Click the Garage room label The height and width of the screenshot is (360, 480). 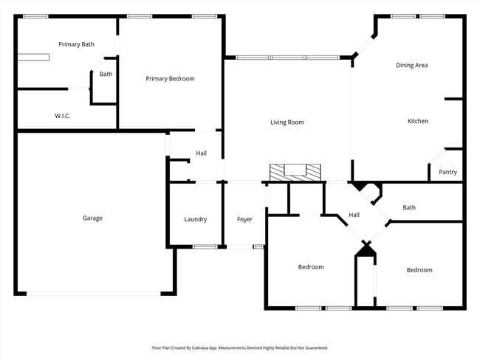point(92,218)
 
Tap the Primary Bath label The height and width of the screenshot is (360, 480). point(76,44)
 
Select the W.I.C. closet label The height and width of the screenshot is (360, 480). point(63,116)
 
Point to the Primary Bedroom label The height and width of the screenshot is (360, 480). point(170,78)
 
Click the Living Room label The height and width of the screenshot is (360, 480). point(287,122)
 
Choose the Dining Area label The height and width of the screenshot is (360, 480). point(411,65)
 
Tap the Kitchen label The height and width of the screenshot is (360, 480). point(418,121)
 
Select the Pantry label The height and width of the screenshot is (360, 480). point(448,172)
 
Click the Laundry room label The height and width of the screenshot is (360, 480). point(195,219)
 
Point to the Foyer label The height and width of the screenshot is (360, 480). point(244,219)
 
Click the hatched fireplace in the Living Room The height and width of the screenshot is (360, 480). point(295,172)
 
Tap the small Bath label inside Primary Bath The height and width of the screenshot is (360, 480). point(106,74)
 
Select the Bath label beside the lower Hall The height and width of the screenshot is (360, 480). point(409,207)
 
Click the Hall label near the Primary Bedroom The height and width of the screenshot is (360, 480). point(201,153)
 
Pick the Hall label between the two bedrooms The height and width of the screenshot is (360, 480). point(354,215)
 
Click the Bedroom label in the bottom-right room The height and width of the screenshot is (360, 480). point(419,270)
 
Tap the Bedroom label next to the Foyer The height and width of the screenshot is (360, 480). point(311,267)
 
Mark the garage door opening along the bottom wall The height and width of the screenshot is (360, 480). point(94,294)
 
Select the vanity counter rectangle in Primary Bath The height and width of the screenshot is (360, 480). point(34,56)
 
